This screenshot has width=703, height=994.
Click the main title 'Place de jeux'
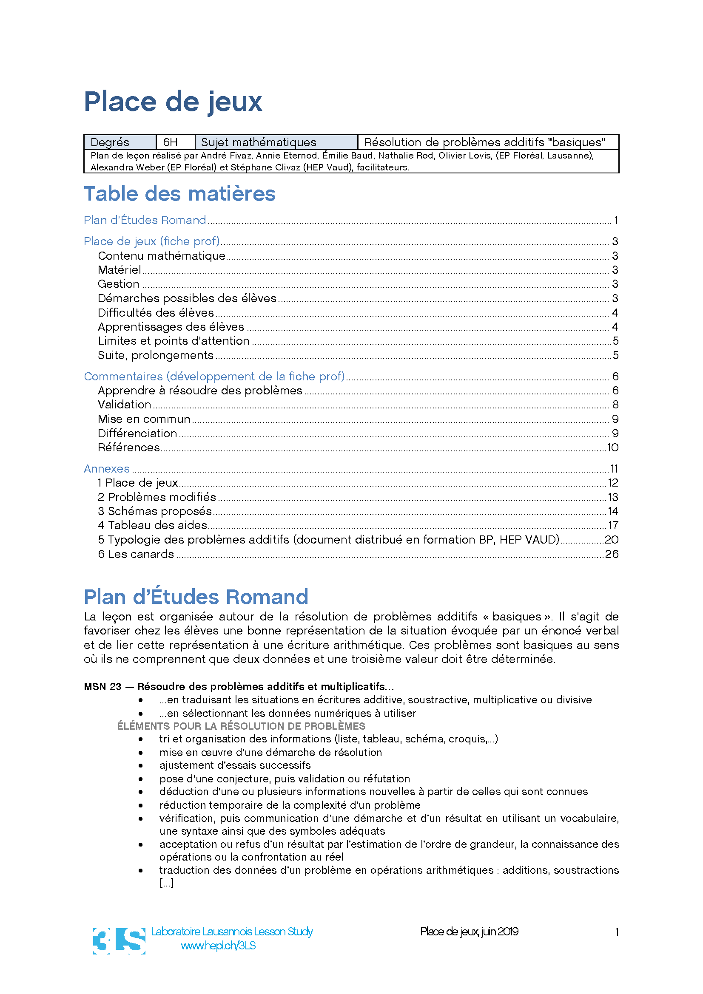click(173, 102)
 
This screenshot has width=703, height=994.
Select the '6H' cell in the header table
click(171, 142)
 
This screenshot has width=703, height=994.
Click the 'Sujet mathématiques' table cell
click(259, 142)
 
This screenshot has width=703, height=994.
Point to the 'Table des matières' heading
click(179, 194)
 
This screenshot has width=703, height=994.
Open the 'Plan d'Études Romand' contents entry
click(145, 221)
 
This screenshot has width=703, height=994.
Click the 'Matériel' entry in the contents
click(120, 270)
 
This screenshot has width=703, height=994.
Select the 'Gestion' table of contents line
click(119, 284)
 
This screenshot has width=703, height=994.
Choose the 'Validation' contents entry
click(124, 405)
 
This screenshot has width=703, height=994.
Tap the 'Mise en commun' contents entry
click(144, 419)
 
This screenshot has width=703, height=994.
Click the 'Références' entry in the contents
click(128, 447)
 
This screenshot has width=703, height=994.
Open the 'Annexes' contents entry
click(107, 469)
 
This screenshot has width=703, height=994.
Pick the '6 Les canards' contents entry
click(136, 554)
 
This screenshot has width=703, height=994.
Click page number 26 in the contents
click(611, 554)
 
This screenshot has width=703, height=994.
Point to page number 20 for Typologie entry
click(611, 540)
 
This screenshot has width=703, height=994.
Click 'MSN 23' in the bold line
click(102, 687)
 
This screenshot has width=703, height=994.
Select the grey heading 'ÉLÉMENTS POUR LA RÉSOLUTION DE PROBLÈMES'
click(241, 726)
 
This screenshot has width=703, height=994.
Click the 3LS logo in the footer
click(119, 941)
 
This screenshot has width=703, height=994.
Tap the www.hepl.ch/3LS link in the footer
click(218, 946)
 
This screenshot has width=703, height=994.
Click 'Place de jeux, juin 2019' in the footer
click(469, 932)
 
